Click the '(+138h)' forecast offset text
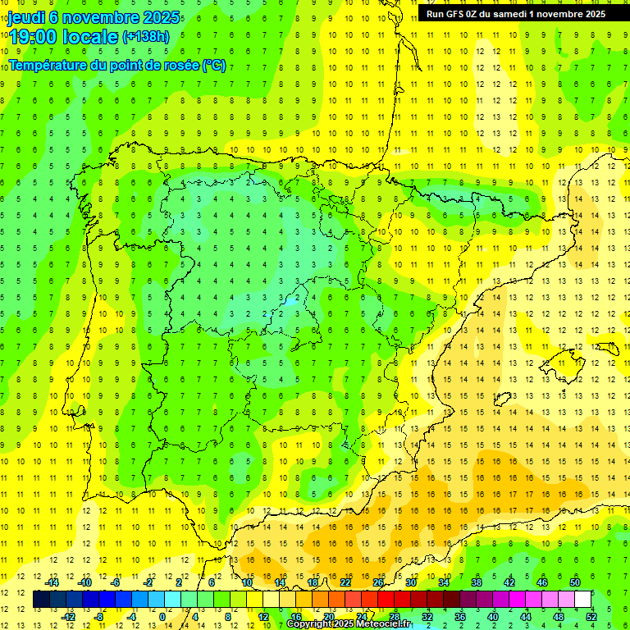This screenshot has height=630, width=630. tap(146, 37)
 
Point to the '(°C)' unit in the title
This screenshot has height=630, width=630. tap(213, 65)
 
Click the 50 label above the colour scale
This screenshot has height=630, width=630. tap(574, 582)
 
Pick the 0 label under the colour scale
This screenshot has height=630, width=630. tap(162, 617)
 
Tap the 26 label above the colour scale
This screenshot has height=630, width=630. tap(378, 582)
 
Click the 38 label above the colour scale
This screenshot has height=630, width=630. tap(476, 582)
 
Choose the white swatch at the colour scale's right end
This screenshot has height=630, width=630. tap(583, 600)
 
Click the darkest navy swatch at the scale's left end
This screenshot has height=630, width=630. tap(41, 600)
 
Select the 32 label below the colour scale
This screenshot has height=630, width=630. tap(427, 617)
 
